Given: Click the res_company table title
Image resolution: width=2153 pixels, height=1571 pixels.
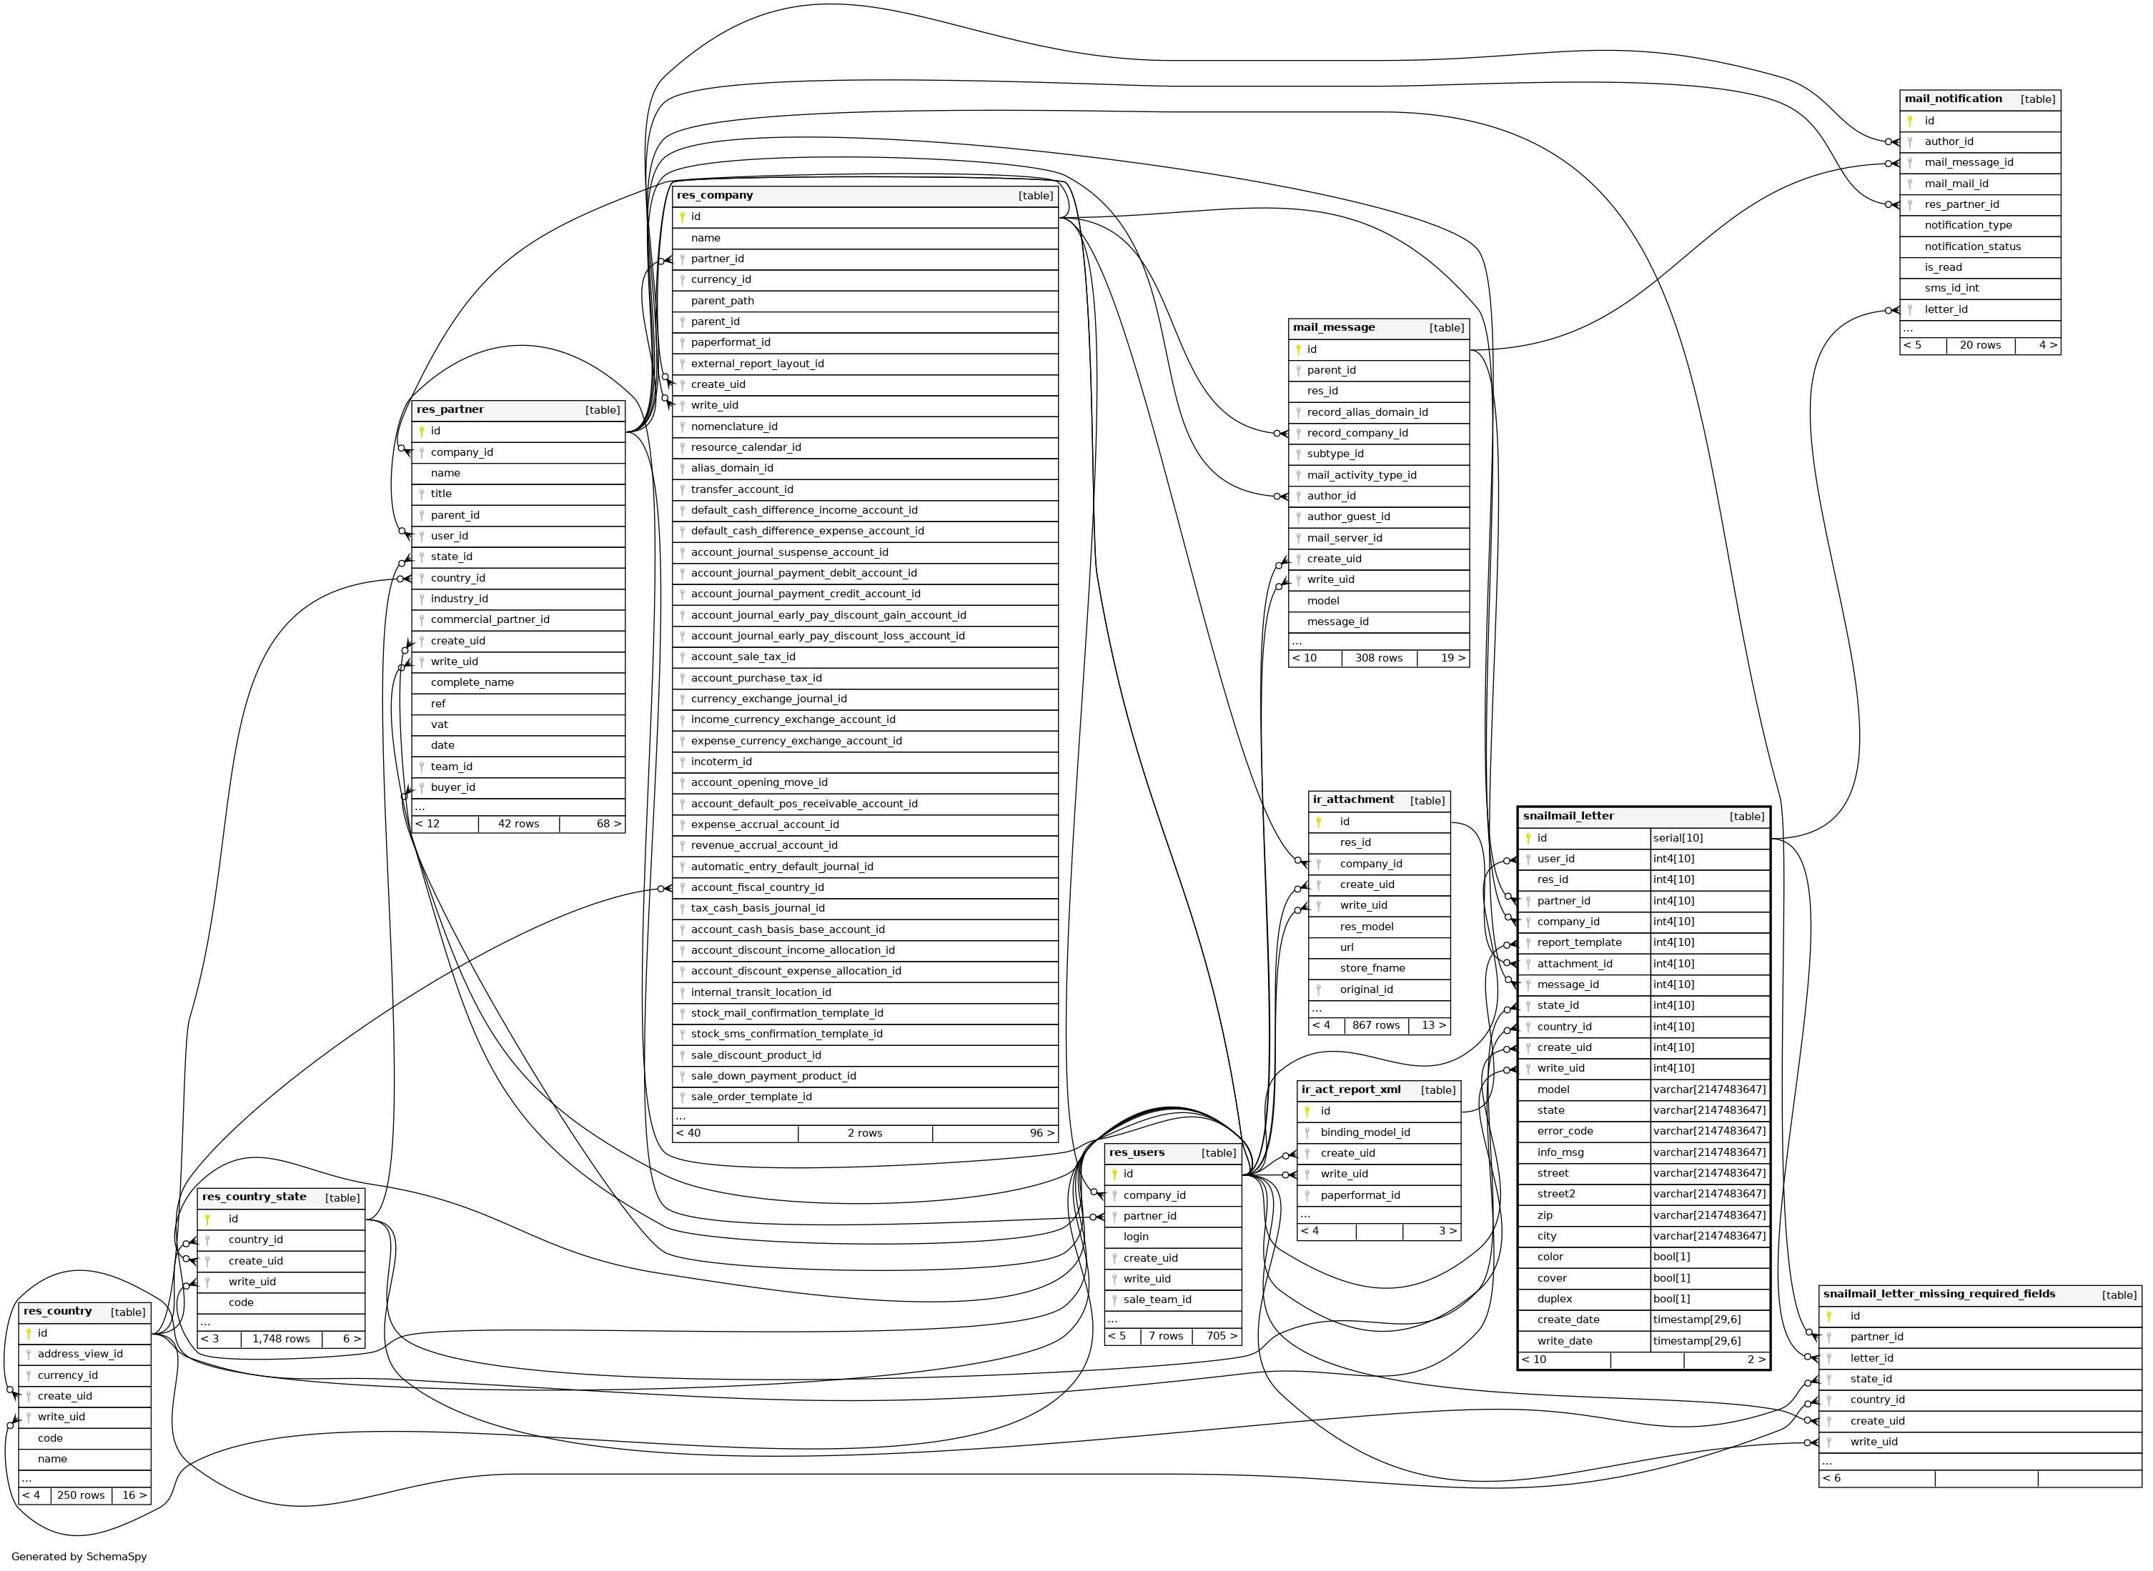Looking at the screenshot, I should click(715, 196).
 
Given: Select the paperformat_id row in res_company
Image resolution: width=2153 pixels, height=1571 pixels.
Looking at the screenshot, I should click(730, 342).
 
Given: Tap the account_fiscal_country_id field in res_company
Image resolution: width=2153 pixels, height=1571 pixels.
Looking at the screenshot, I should click(756, 887).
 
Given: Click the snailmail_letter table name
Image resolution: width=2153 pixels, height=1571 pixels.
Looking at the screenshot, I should click(1568, 816).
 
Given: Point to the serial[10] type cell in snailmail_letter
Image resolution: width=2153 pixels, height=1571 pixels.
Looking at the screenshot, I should click(1678, 838).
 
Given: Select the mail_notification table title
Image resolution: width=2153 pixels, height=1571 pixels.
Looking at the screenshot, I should click(1952, 99).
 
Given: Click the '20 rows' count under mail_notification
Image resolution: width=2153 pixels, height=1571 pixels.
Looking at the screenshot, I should click(1980, 345).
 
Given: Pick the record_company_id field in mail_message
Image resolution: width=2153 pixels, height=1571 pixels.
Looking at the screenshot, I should click(1357, 433).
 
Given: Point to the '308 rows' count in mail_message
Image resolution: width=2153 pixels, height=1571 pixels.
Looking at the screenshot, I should click(1379, 658).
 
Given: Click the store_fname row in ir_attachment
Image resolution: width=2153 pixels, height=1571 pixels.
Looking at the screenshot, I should click(1372, 968).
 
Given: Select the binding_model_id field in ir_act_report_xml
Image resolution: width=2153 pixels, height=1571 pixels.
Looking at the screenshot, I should click(1365, 1132).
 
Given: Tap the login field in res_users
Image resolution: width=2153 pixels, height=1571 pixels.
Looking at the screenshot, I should click(1135, 1236).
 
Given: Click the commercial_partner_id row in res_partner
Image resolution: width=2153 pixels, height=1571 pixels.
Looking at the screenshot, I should click(489, 619).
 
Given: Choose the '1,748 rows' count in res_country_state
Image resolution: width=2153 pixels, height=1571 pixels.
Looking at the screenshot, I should click(281, 1339).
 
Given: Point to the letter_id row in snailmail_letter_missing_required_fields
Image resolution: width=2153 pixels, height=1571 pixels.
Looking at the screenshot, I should click(1871, 1358).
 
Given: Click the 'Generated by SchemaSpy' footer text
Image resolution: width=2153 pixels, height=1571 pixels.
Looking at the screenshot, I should click(79, 1557).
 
